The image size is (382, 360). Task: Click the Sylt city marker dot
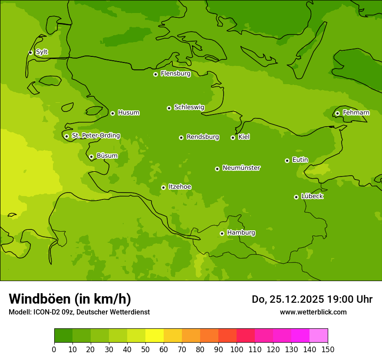click(30, 52)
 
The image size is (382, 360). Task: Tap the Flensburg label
click(175, 74)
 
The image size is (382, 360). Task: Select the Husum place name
click(128, 113)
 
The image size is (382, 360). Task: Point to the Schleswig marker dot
click(169, 108)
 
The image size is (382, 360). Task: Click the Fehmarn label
click(356, 113)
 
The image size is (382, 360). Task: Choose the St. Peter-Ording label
click(95, 136)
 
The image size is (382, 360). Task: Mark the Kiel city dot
click(233, 137)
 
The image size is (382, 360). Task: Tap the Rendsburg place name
click(203, 137)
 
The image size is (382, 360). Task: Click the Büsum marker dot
click(91, 157)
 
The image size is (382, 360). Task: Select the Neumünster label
click(241, 168)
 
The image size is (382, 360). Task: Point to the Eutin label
click(300, 160)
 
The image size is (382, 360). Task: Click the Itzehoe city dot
click(163, 187)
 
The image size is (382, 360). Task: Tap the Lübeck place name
click(312, 196)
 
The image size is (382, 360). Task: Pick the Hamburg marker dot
click(222, 233)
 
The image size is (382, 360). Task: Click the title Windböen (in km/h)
click(70, 299)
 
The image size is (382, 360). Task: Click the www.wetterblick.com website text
click(313, 312)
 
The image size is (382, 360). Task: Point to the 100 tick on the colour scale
click(237, 349)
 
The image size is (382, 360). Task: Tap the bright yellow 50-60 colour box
click(155, 336)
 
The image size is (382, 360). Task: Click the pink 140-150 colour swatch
click(319, 336)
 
